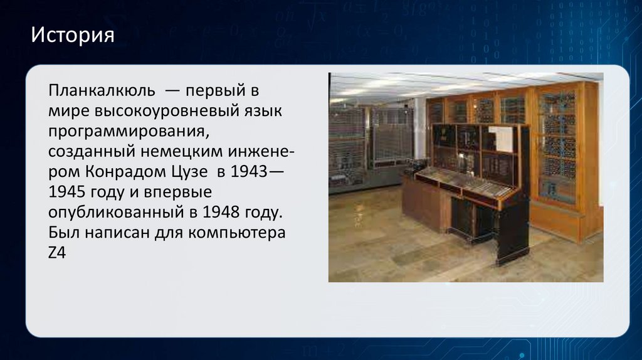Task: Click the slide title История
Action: point(73,35)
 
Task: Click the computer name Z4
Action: point(57,253)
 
